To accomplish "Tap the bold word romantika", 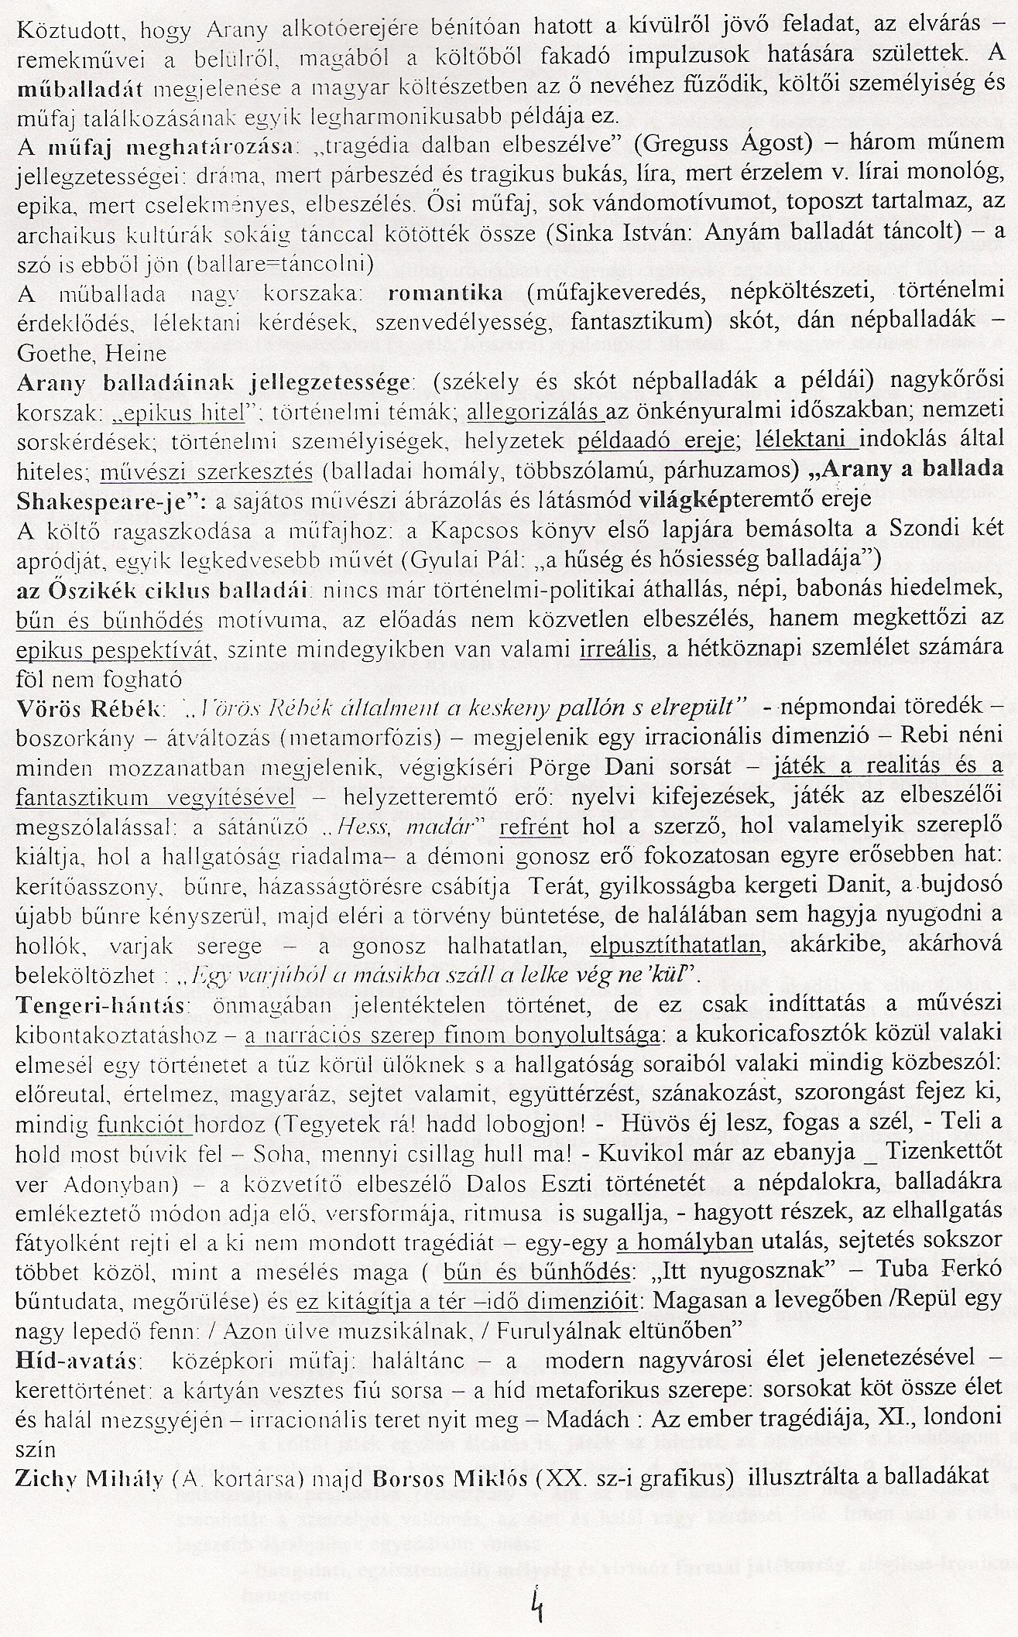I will (x=445, y=293).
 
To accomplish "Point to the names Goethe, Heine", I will (x=91, y=353).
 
